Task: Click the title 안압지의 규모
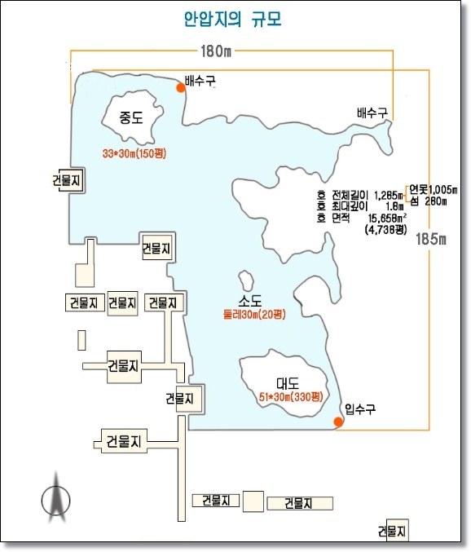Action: click(233, 20)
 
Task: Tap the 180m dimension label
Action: click(216, 51)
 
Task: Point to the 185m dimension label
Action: click(431, 239)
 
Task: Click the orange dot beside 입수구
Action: click(338, 422)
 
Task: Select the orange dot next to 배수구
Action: click(181, 88)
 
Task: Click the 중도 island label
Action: click(131, 117)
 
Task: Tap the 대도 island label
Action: click(288, 383)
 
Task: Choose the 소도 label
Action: click(250, 300)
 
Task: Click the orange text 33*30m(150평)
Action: click(134, 153)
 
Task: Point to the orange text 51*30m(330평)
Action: click(291, 397)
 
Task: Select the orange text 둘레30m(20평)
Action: click(254, 314)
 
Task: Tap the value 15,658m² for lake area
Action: click(387, 218)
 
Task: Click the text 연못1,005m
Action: click(434, 190)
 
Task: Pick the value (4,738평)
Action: click(386, 230)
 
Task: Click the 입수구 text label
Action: click(360, 408)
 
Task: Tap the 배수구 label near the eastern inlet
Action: click(372, 113)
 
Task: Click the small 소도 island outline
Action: click(246, 280)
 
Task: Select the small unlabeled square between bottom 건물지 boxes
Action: click(253, 501)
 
